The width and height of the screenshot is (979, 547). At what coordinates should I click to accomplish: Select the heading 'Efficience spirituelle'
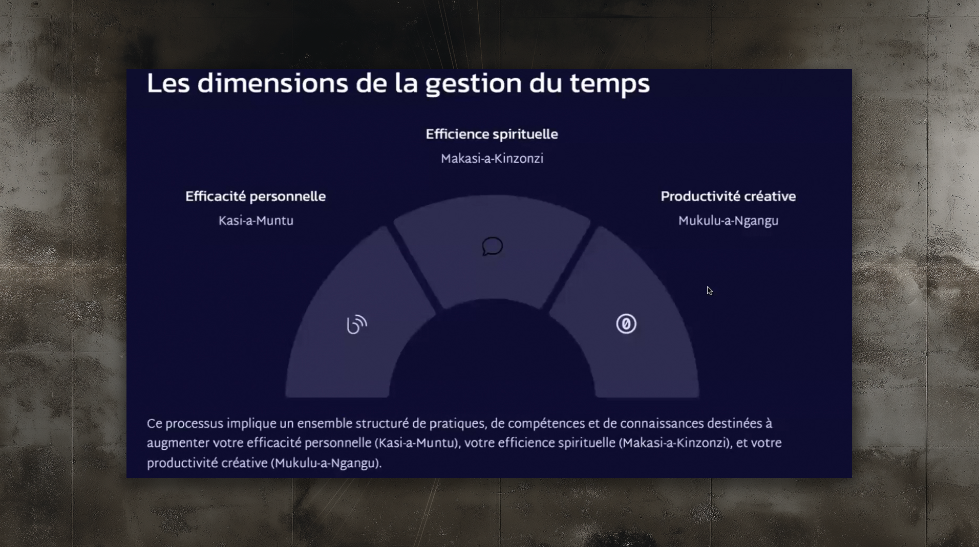pyautogui.click(x=492, y=134)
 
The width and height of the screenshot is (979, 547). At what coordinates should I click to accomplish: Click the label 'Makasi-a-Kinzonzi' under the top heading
pyautogui.click(x=492, y=159)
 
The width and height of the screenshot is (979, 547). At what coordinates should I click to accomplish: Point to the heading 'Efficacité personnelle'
pyautogui.click(x=256, y=196)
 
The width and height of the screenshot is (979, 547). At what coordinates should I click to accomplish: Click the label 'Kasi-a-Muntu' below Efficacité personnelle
pyautogui.click(x=256, y=221)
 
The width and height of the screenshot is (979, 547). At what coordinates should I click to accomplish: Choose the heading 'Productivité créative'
pyautogui.click(x=728, y=196)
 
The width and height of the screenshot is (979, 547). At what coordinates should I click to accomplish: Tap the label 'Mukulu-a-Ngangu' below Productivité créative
pyautogui.click(x=728, y=221)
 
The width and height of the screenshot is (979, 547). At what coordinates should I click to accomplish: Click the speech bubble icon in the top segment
pyautogui.click(x=492, y=246)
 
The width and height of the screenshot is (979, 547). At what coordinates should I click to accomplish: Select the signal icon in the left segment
pyautogui.click(x=356, y=324)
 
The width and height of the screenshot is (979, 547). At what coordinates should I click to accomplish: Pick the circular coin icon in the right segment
pyautogui.click(x=626, y=324)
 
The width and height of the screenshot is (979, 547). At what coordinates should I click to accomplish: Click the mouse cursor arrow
pyautogui.click(x=709, y=291)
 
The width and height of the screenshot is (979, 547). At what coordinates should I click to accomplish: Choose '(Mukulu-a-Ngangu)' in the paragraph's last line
pyautogui.click(x=327, y=464)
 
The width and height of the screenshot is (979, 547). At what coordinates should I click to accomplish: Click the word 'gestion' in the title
pyautogui.click(x=474, y=84)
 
